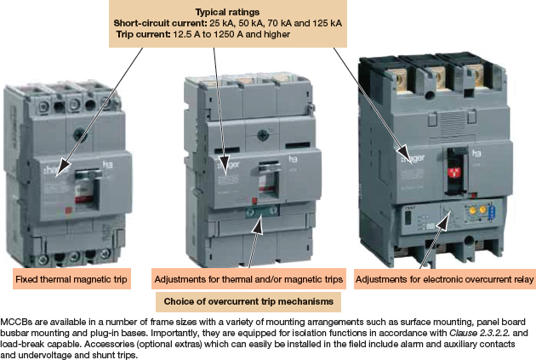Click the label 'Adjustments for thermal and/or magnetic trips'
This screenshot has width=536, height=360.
(248, 279)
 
